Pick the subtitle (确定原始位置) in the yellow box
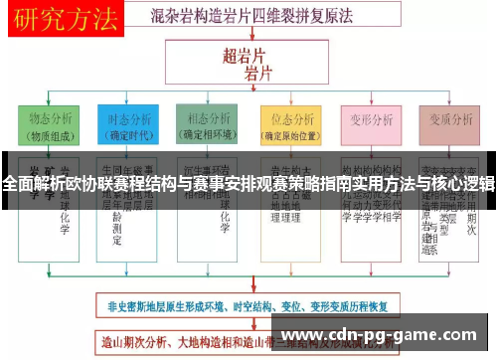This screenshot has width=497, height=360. pos(289,136)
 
